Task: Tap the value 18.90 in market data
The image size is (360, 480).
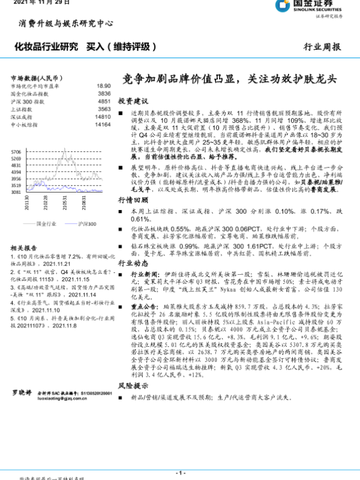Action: coord(103,86)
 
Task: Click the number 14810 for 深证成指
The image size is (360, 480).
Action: coord(103,117)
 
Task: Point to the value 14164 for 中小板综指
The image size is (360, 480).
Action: coord(103,125)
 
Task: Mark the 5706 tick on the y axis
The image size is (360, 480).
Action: coord(17,152)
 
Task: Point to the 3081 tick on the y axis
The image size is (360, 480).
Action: coord(17,193)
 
